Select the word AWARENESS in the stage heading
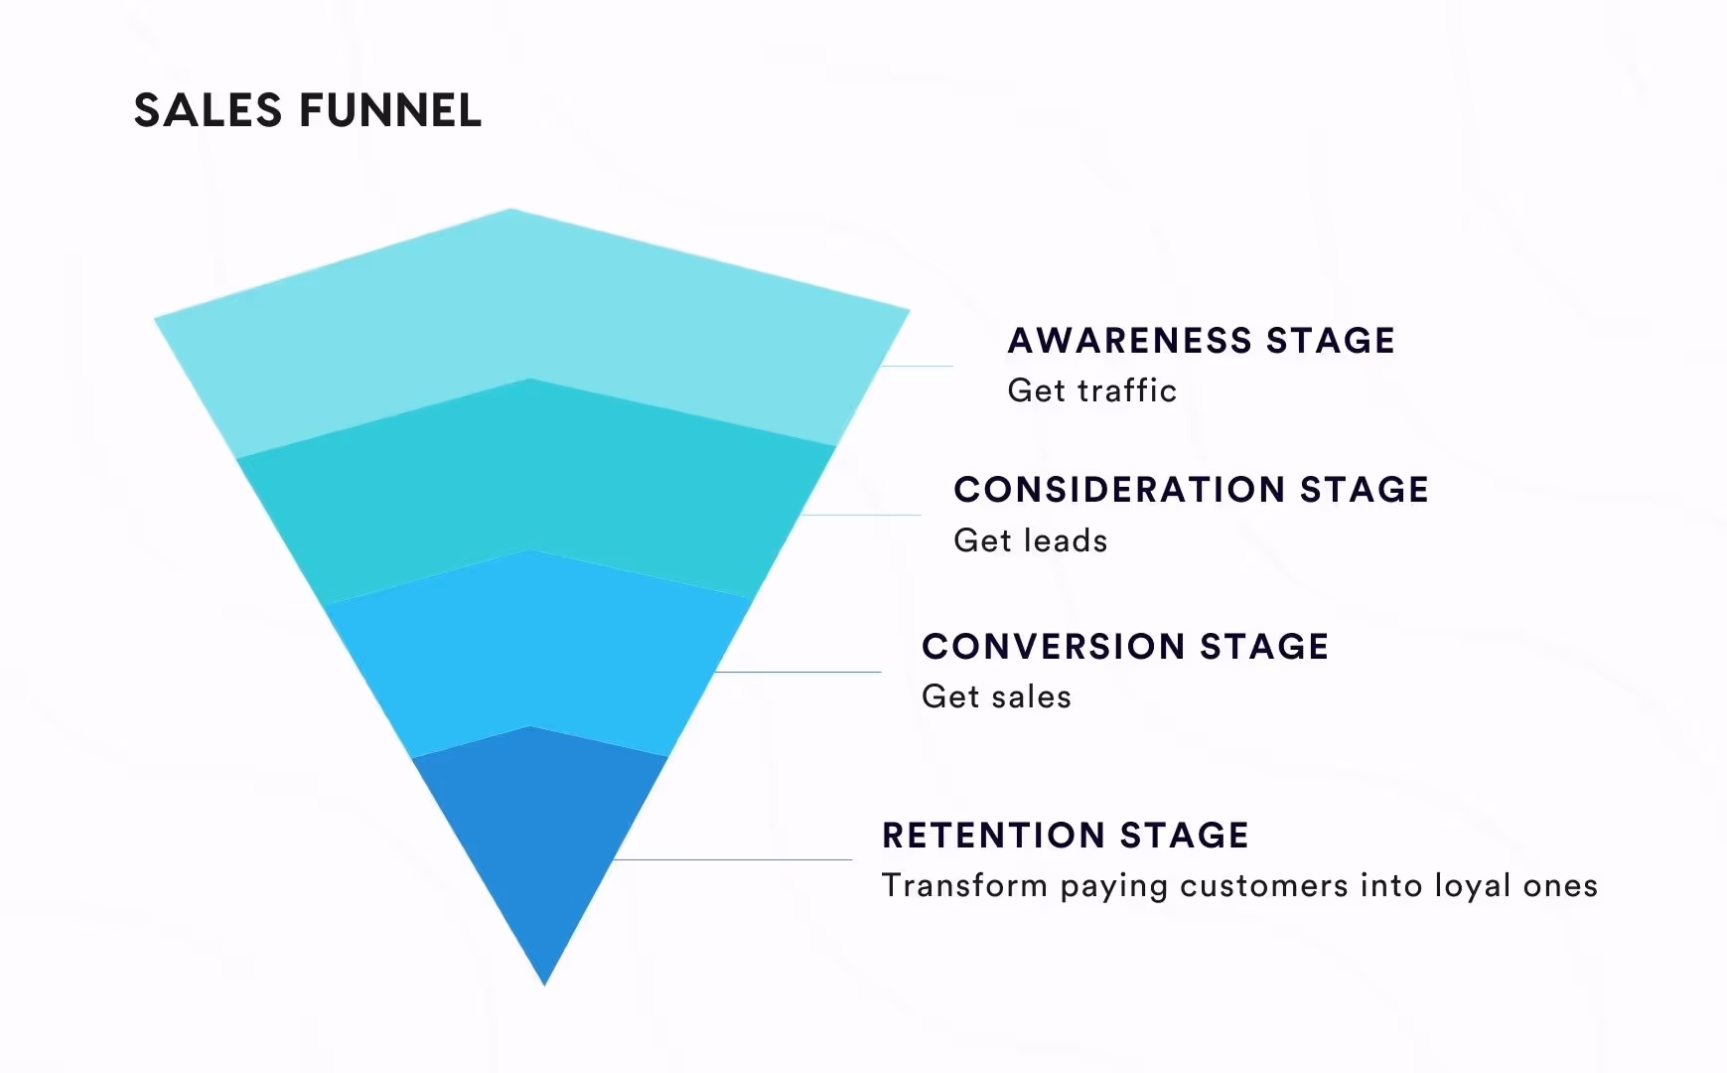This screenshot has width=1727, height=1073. [1129, 341]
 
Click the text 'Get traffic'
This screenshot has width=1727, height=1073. [1091, 390]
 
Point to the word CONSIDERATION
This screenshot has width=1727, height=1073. [1119, 490]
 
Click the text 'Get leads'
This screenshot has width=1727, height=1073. [1030, 540]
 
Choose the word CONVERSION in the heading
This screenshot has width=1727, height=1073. [1052, 647]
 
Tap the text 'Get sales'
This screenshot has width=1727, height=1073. [996, 696]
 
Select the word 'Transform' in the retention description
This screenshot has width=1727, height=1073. [964, 885]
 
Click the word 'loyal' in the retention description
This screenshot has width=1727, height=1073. [1473, 885]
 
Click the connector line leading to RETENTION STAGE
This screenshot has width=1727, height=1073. [735, 859]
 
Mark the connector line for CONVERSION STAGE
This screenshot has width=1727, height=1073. [799, 672]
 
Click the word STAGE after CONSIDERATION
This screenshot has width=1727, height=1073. [1364, 490]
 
